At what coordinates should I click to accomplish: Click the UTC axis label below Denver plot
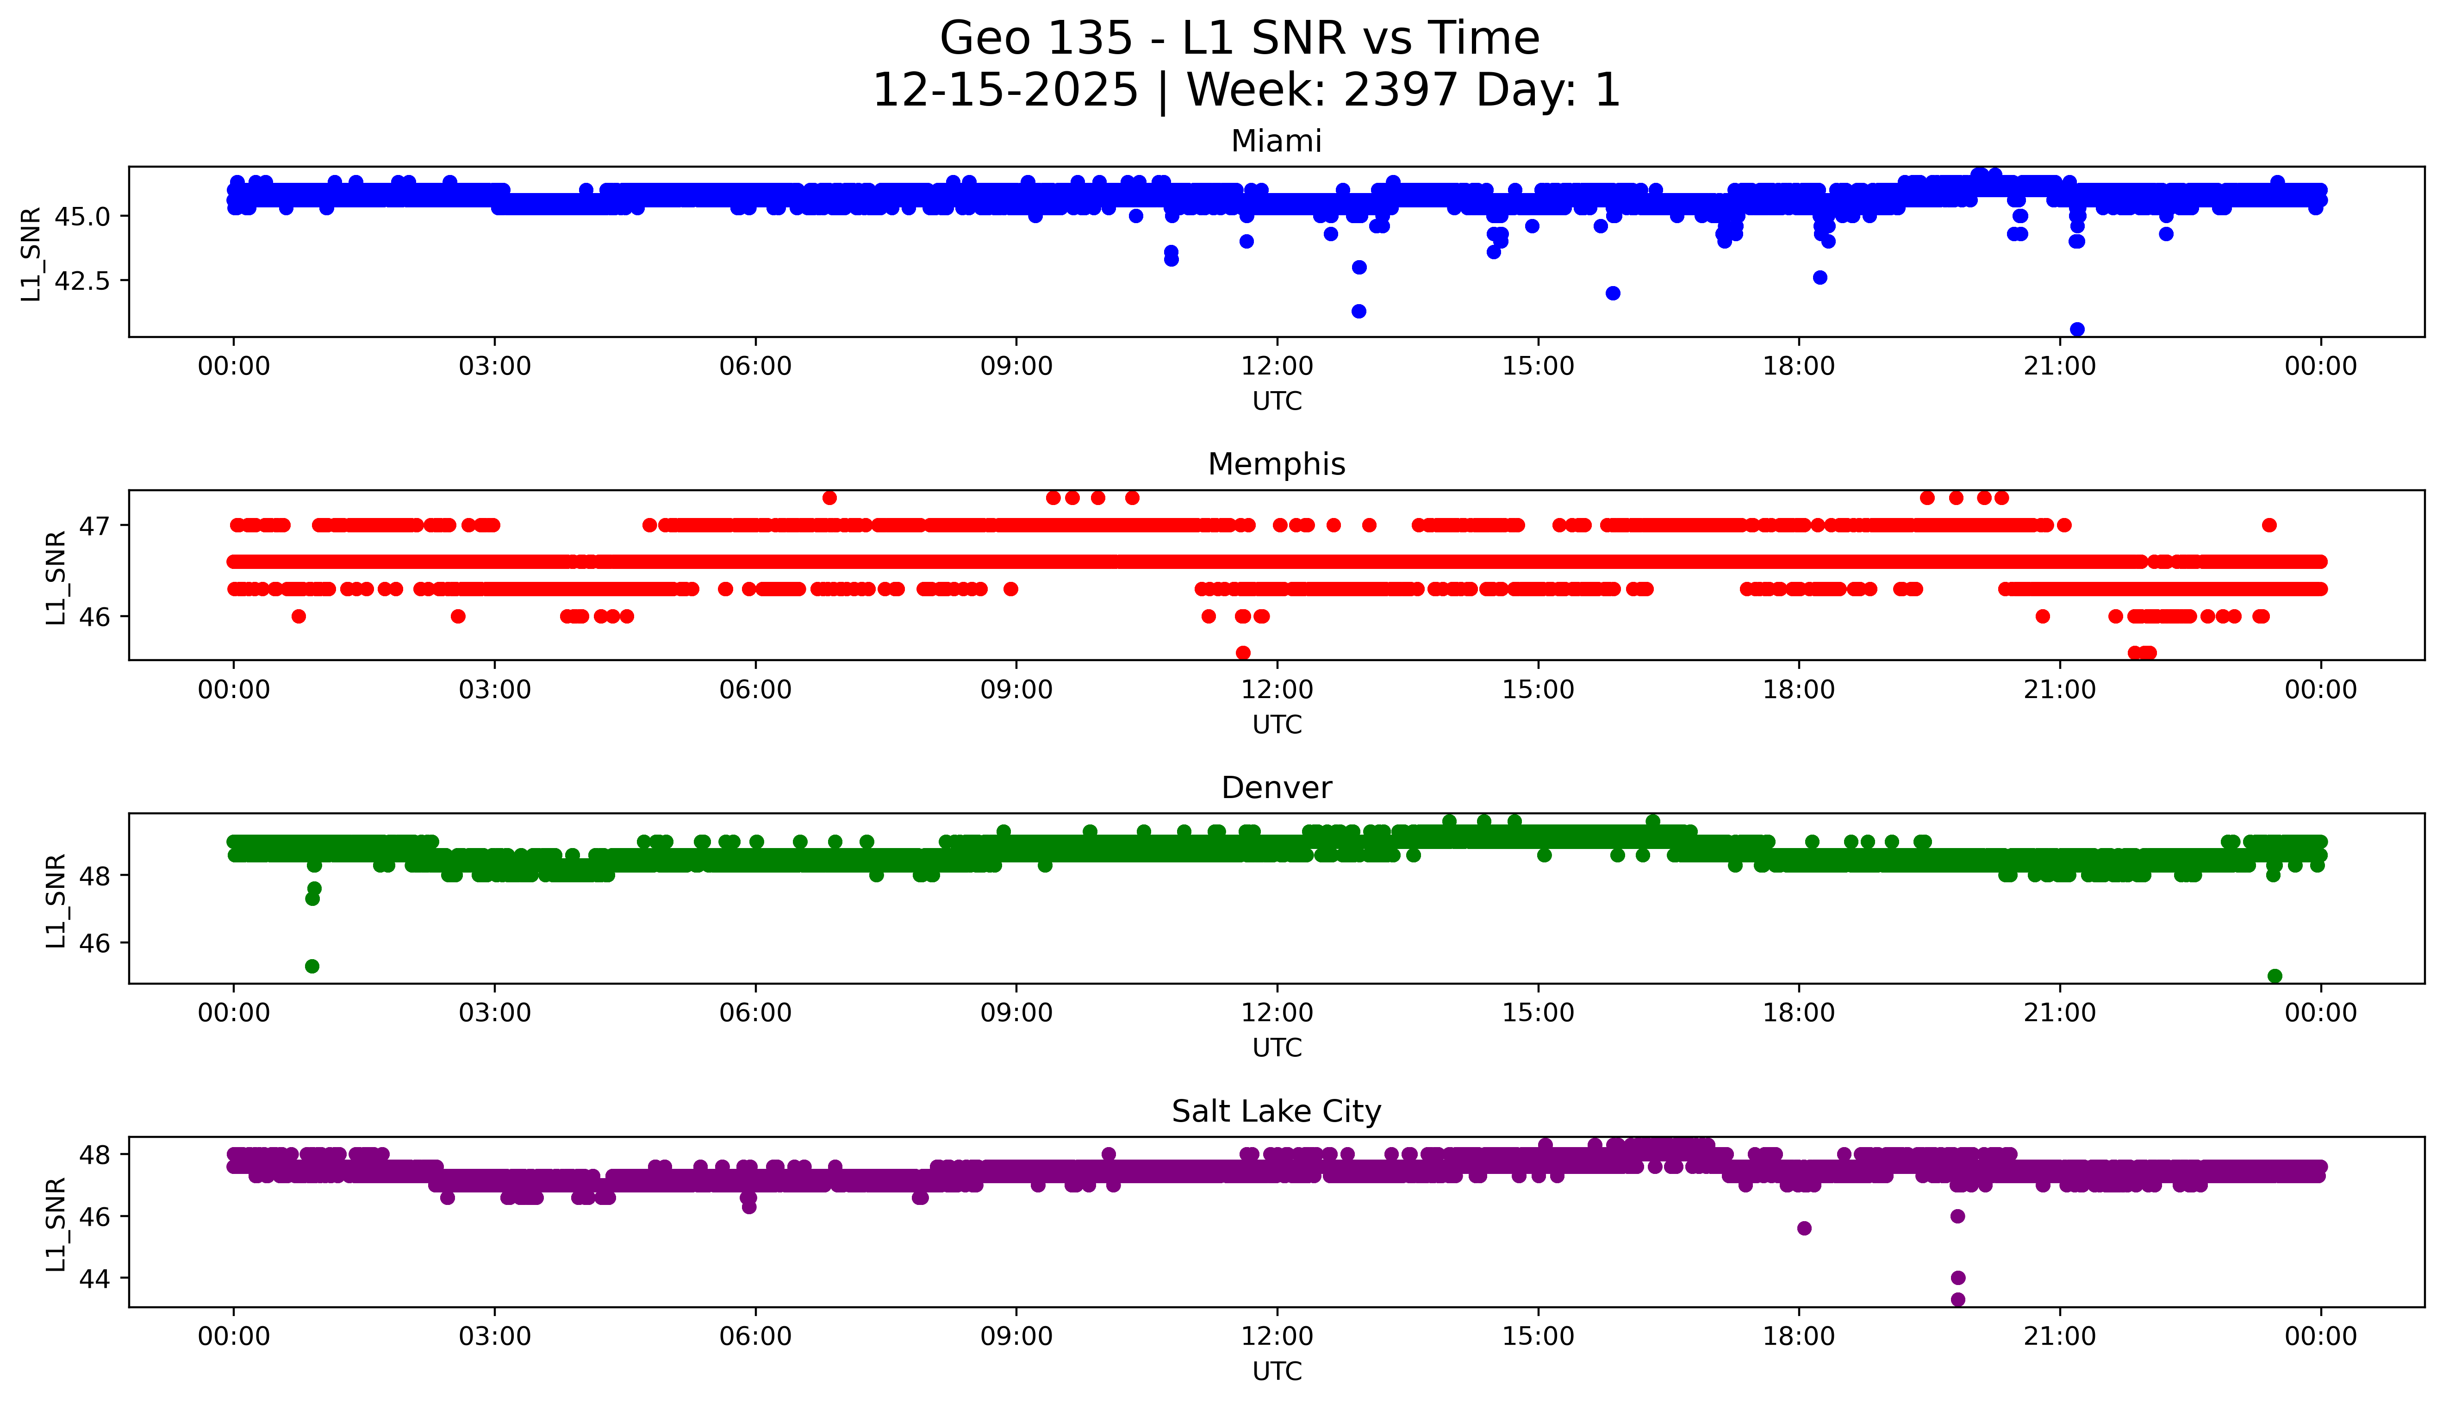coord(1277,1048)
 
